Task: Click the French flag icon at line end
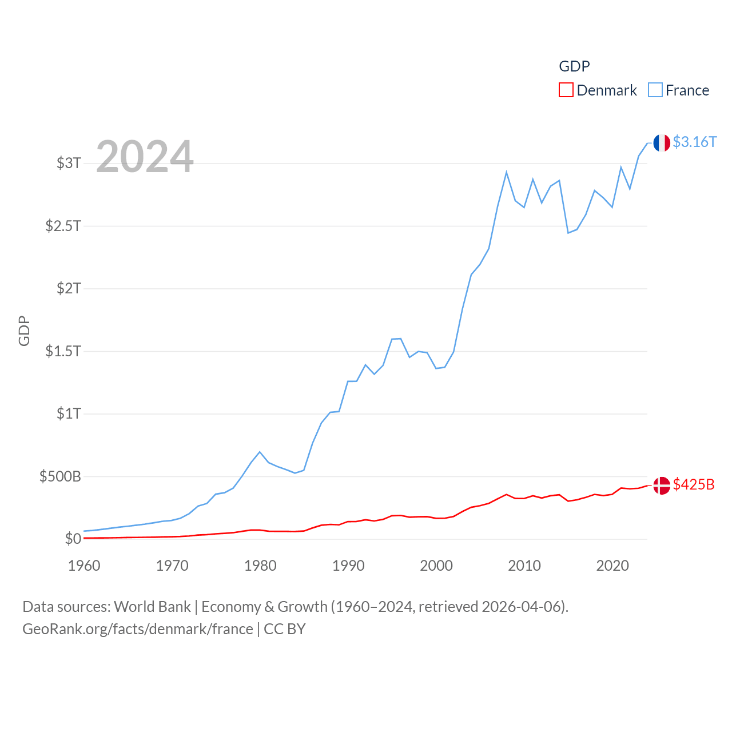click(x=662, y=143)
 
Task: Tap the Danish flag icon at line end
click(x=662, y=486)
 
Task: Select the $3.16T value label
click(x=694, y=142)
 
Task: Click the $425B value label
click(x=694, y=484)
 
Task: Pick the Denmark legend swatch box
click(x=566, y=90)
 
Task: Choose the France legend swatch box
click(x=655, y=90)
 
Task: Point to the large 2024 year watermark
click(x=145, y=157)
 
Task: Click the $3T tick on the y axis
click(x=69, y=163)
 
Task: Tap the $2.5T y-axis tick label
click(x=63, y=226)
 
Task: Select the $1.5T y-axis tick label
click(x=63, y=351)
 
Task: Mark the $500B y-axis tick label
click(x=60, y=476)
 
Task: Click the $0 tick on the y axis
click(x=73, y=539)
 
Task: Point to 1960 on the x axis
click(x=84, y=566)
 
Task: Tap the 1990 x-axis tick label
click(x=348, y=566)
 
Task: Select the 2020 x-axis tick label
click(x=612, y=566)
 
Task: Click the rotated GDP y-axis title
click(x=24, y=331)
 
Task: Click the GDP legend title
click(x=574, y=66)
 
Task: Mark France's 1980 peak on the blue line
click(x=260, y=452)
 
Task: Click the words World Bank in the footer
click(x=152, y=606)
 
